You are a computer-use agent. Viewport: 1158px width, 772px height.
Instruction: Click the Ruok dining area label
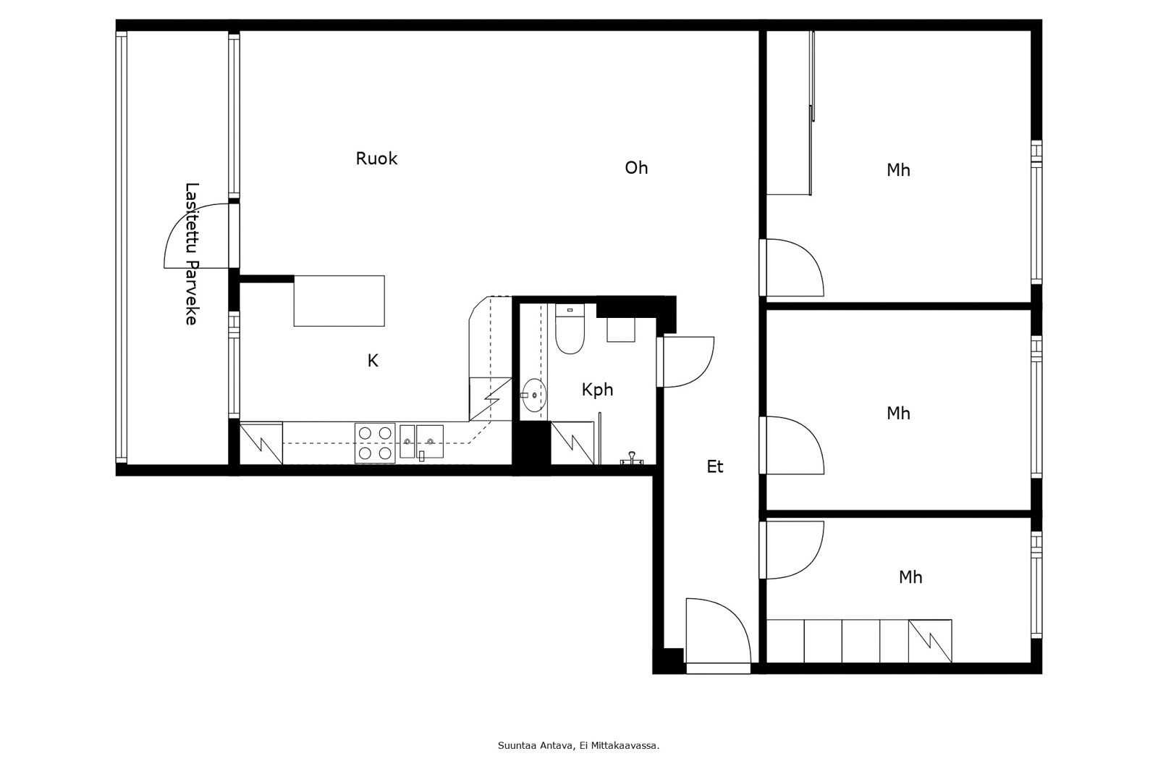tap(376, 159)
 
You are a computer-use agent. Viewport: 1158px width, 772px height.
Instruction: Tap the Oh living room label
tap(636, 167)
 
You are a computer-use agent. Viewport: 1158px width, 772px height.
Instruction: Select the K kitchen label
tap(373, 361)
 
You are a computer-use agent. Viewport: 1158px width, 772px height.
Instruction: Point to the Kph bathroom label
tap(597, 390)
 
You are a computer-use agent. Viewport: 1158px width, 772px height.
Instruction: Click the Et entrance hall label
tap(715, 466)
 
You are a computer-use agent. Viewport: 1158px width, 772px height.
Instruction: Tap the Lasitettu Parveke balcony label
tap(192, 253)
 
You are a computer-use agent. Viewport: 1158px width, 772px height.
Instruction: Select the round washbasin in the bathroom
tap(533, 395)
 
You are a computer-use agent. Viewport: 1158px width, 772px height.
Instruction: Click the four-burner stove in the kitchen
tap(375, 443)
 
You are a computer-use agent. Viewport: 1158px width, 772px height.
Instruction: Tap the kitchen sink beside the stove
tap(421, 441)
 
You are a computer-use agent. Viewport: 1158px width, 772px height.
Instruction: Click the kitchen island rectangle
tap(339, 301)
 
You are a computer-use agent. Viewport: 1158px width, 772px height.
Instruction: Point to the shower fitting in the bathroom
tap(631, 458)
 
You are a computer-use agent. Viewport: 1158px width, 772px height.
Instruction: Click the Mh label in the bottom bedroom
tap(910, 577)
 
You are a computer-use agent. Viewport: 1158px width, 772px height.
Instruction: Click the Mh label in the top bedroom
tap(898, 170)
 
